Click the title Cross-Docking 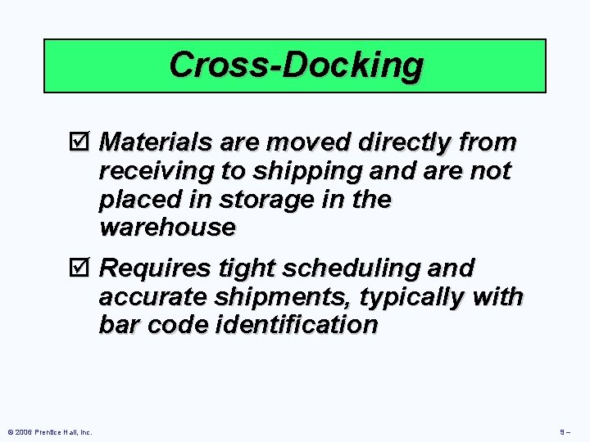pos(296,65)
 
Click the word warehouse pos(166,227)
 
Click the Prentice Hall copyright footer pos(48,432)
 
